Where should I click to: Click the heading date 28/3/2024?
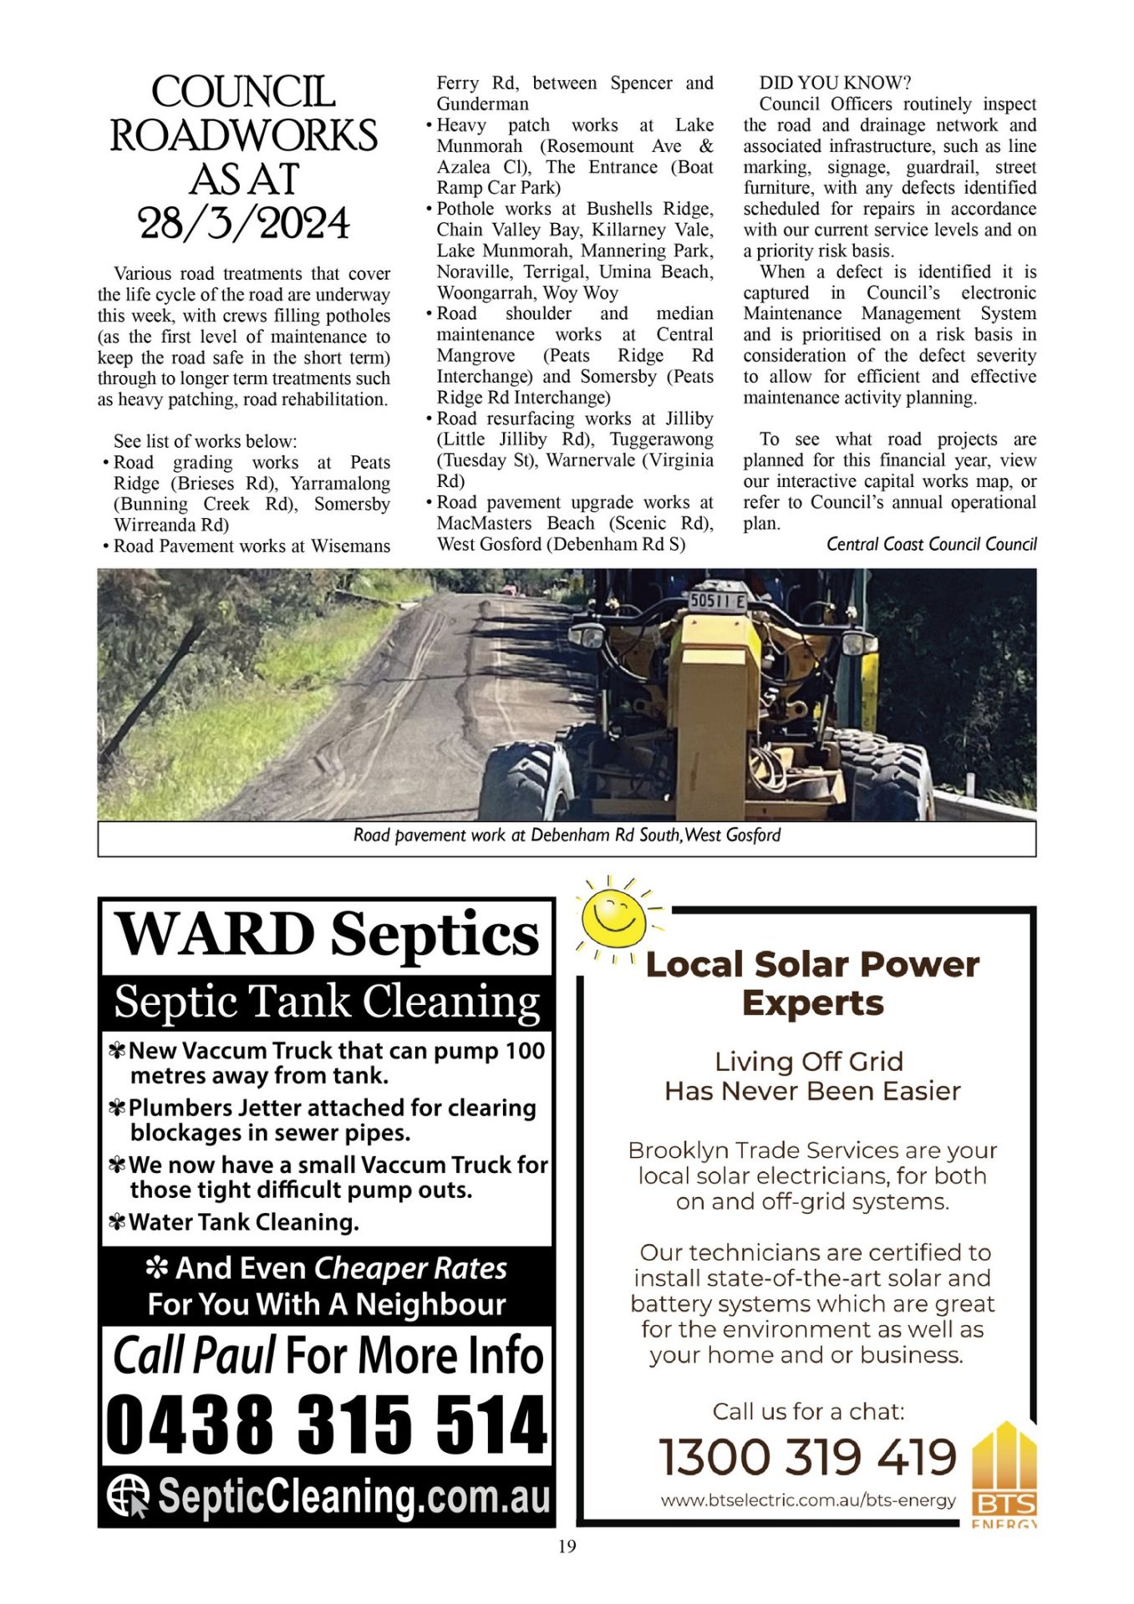coord(244,224)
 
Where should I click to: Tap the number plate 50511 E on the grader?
coord(717,600)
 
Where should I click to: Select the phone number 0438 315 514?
coord(326,1424)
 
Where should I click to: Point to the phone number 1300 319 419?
coord(807,1457)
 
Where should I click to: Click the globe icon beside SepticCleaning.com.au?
coord(128,1495)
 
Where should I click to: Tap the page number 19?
coord(567,1546)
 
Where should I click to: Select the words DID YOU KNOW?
coord(834,83)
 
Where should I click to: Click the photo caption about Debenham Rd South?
coord(567,835)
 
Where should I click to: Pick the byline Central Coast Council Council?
coord(931,545)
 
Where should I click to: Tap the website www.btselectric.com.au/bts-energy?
coord(807,1500)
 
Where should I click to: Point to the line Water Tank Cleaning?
coord(243,1222)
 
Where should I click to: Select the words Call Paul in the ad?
coord(194,1356)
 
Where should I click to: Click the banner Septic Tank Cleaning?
coord(326,1002)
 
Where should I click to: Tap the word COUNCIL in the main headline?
coord(244,92)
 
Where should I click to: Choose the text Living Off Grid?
coord(809,1062)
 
